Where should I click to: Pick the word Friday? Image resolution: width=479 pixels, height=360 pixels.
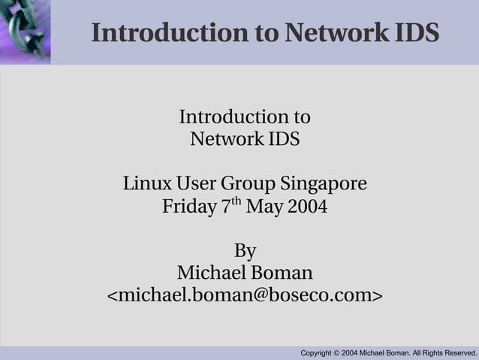188,206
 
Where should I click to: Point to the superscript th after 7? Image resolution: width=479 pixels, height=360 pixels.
237,201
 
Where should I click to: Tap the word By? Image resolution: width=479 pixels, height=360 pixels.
245,250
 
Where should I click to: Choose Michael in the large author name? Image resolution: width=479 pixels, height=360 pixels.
209,272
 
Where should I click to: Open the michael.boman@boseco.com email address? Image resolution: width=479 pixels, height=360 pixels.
245,295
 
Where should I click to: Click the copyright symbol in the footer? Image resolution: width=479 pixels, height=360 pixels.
336,353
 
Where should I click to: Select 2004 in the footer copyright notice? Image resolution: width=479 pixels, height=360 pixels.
350,353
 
